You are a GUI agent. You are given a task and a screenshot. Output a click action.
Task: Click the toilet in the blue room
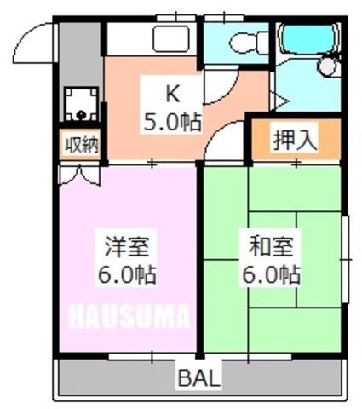point(249,43)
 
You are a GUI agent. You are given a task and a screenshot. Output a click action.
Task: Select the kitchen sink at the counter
point(171,38)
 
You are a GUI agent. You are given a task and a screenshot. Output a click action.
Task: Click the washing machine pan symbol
point(81,104)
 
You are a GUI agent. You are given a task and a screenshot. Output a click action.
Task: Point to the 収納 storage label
point(82,146)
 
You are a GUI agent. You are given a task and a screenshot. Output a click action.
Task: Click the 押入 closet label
point(295,141)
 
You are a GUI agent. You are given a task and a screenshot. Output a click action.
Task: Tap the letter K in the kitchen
point(173,95)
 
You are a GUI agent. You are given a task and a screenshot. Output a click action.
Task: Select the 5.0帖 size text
point(173,122)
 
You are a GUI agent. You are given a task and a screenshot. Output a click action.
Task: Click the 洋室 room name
point(127,246)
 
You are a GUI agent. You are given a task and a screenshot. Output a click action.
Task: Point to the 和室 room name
point(271,246)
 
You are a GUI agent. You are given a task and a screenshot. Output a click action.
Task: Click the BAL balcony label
point(199,378)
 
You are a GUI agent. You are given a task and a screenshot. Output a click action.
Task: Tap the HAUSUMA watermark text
point(129,316)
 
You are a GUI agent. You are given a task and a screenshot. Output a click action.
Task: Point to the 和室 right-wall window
point(345,259)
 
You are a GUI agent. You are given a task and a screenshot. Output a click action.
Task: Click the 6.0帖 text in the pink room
point(127,274)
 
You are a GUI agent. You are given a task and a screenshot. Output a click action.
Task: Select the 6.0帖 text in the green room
point(271,274)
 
